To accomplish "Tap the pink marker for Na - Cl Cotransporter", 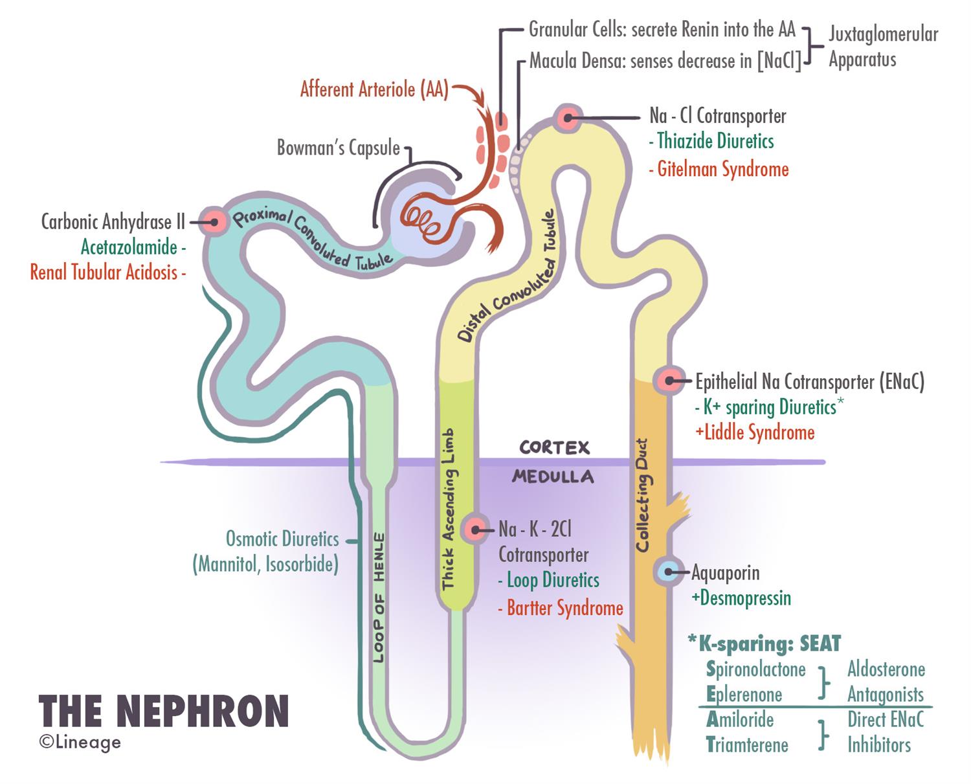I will click(568, 118).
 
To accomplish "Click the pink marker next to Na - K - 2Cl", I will click(476, 530).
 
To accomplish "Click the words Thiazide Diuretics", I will click(715, 141).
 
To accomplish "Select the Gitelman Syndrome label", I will click(722, 170).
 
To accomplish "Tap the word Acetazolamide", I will click(129, 247).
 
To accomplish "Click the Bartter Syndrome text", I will click(564, 608).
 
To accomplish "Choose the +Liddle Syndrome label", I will click(755, 432).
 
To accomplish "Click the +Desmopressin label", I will click(741, 598).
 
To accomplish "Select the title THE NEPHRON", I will click(164, 711).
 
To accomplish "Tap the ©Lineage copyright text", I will click(80, 742).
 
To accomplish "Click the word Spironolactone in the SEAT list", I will click(756, 669).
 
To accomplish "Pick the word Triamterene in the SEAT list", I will click(747, 745).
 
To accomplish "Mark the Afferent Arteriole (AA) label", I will click(374, 89).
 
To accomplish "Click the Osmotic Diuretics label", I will click(282, 539).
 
